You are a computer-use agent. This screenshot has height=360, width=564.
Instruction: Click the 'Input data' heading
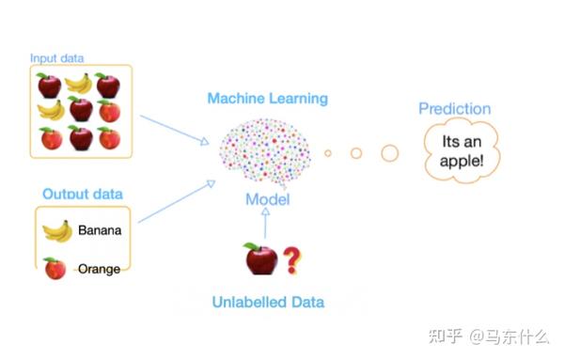coord(56,58)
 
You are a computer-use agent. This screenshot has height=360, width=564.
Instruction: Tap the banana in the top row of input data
coord(78,85)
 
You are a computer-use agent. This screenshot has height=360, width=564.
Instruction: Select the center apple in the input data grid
coord(81,110)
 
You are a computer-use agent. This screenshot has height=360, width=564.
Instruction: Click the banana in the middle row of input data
coord(50,111)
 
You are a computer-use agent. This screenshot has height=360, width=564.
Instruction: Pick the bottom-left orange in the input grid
coord(51,139)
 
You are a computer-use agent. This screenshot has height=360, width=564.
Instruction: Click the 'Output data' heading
coord(82,195)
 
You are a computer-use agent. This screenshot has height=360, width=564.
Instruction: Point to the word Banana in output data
coord(100,229)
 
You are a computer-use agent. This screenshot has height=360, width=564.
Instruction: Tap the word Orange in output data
coord(99,269)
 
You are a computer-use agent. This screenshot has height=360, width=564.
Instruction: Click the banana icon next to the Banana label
coord(56,230)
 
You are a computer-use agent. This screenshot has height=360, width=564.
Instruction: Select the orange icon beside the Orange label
coord(55,269)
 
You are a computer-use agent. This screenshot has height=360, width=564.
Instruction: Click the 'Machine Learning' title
coord(267,98)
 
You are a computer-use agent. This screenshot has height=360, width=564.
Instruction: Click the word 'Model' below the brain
coord(267,199)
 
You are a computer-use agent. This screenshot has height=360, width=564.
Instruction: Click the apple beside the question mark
coord(260,258)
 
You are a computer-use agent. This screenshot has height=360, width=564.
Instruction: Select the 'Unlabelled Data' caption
coord(267,302)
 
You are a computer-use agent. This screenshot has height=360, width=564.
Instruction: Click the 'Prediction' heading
coord(456,109)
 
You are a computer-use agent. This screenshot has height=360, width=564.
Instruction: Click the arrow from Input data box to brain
coord(174,130)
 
